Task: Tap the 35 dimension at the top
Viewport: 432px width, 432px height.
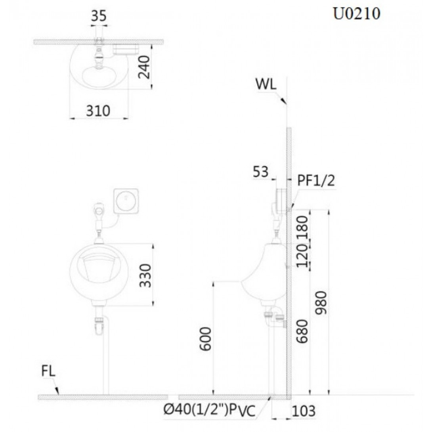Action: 99,16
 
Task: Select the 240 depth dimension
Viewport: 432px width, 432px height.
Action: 144,67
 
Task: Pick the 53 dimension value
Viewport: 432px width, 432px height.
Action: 260,172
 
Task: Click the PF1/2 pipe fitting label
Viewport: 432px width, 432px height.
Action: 316,181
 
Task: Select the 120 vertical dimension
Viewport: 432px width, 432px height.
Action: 302,255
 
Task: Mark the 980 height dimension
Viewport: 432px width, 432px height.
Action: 321,303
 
